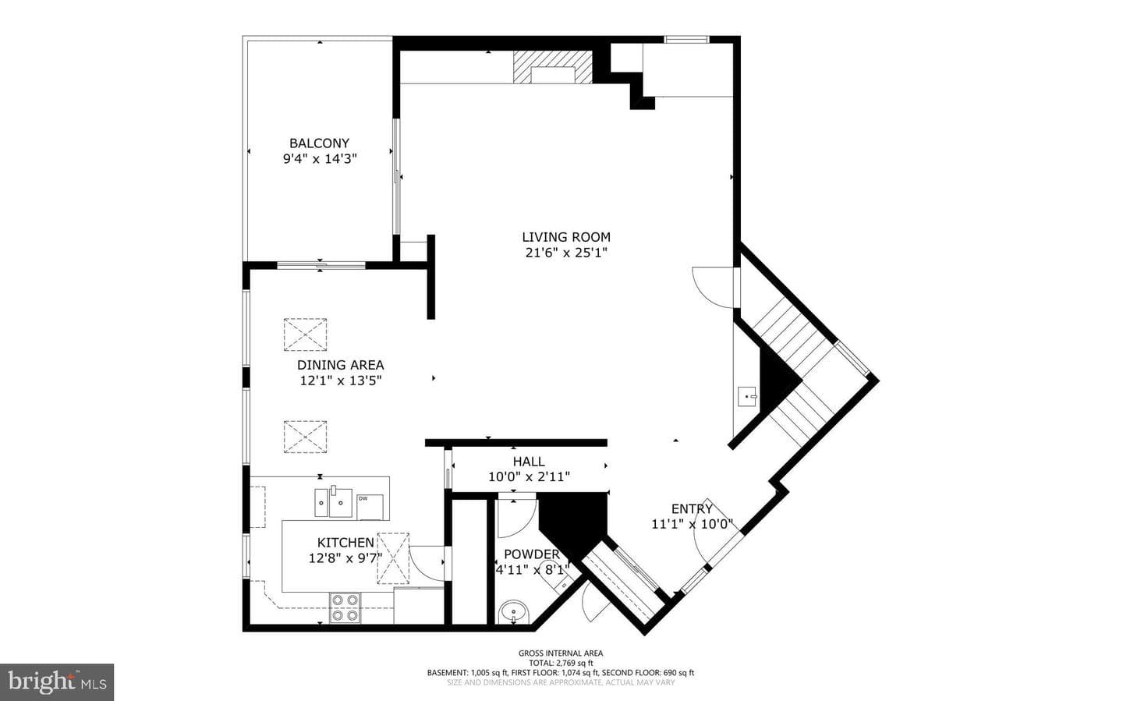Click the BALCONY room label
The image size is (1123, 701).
click(x=320, y=143)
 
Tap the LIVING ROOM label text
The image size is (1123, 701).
click(x=566, y=237)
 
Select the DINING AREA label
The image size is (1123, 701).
click(x=340, y=365)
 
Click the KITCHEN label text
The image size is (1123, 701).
click(x=345, y=543)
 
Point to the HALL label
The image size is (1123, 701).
click(x=529, y=462)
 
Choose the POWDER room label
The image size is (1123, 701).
click(x=532, y=554)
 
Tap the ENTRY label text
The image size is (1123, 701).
click(x=692, y=509)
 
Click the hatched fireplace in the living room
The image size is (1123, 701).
click(x=552, y=67)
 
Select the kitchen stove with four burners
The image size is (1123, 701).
click(x=345, y=607)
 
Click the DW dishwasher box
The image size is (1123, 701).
click(x=370, y=507)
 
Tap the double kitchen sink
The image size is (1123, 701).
click(x=334, y=501)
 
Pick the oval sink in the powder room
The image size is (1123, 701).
click(x=513, y=612)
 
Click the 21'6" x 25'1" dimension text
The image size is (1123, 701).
click(x=566, y=253)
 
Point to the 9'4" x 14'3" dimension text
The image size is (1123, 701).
click(x=320, y=159)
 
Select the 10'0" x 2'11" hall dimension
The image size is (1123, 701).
click(x=529, y=477)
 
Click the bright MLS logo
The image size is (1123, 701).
click(x=57, y=682)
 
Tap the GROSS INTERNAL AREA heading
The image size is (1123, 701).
click(x=561, y=653)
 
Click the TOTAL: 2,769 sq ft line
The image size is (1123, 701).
click(x=561, y=663)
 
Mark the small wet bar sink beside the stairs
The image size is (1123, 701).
click(x=748, y=396)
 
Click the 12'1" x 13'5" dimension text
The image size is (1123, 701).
click(x=341, y=381)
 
